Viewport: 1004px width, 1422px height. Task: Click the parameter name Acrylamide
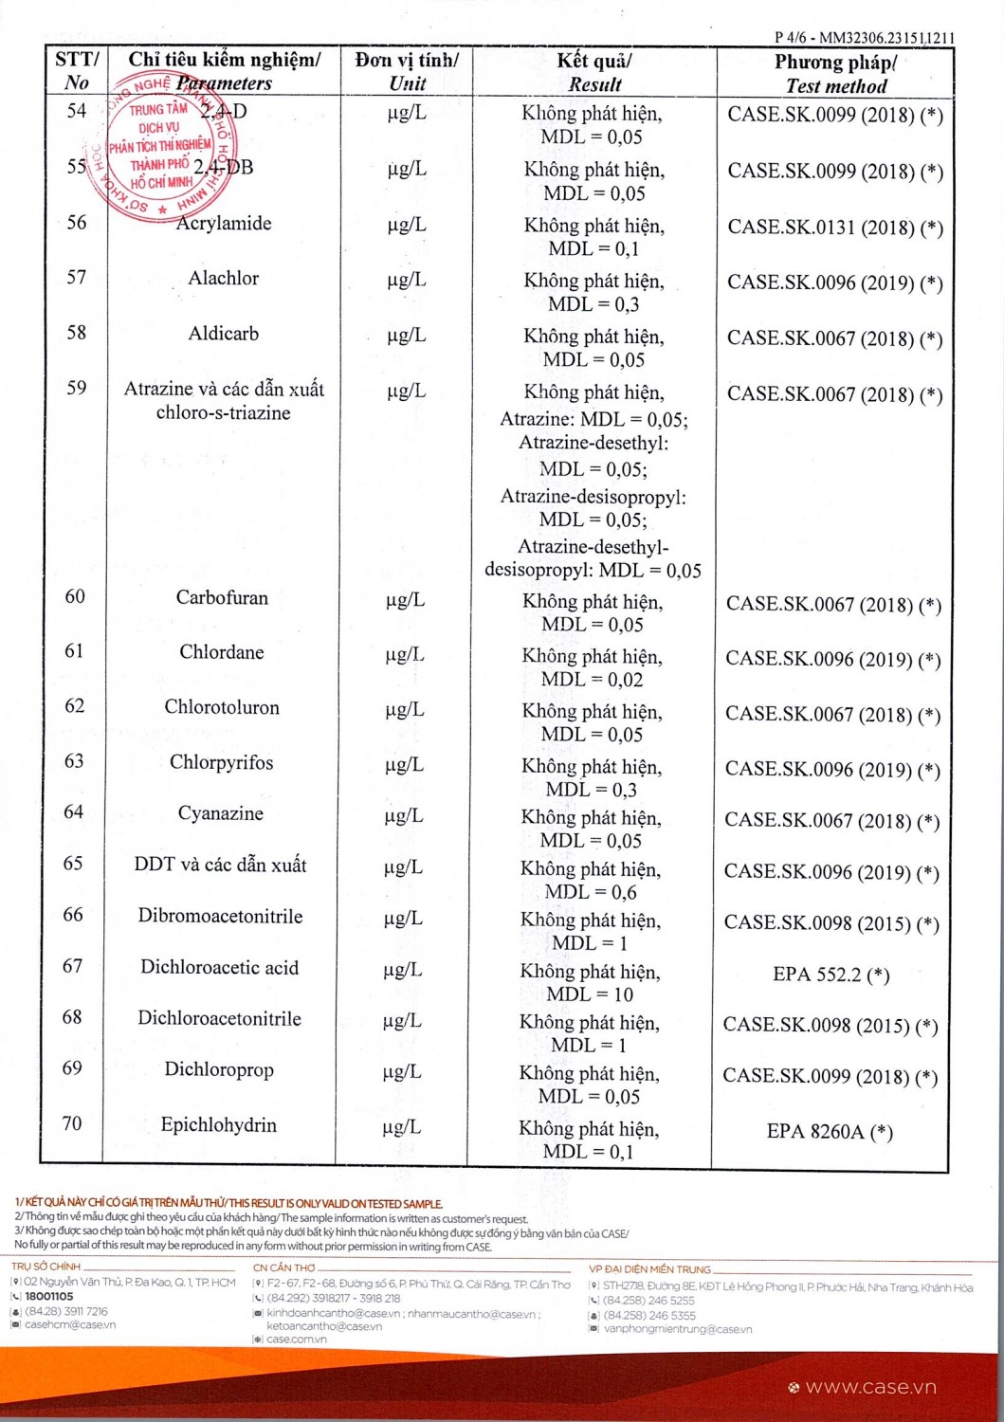click(x=224, y=224)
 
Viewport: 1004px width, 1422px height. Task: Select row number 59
click(x=76, y=388)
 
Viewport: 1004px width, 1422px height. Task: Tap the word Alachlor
click(x=223, y=278)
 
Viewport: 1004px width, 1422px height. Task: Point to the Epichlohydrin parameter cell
click(x=219, y=1125)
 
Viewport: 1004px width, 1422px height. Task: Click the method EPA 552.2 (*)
click(x=831, y=975)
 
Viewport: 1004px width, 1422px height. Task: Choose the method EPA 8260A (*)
click(x=830, y=1132)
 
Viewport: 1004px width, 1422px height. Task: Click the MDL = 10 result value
click(x=590, y=994)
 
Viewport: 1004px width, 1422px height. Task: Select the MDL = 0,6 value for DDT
click(x=591, y=892)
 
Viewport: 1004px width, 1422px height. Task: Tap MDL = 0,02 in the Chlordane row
click(x=592, y=680)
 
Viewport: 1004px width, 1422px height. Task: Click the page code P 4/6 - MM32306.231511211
click(x=864, y=38)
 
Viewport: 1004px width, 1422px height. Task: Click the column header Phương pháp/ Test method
click(x=835, y=74)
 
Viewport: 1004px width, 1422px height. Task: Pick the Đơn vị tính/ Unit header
click(x=407, y=72)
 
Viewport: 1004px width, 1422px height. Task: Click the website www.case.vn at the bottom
click(x=870, y=1387)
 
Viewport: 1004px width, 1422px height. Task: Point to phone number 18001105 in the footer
click(x=49, y=1296)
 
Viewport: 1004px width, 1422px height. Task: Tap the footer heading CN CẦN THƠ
click(x=283, y=1267)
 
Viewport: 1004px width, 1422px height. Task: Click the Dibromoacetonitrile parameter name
click(x=220, y=917)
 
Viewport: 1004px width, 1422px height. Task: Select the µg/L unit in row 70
click(x=401, y=1127)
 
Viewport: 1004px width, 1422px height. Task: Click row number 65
click(x=73, y=864)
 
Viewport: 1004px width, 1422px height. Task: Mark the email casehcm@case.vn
click(x=70, y=1324)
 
